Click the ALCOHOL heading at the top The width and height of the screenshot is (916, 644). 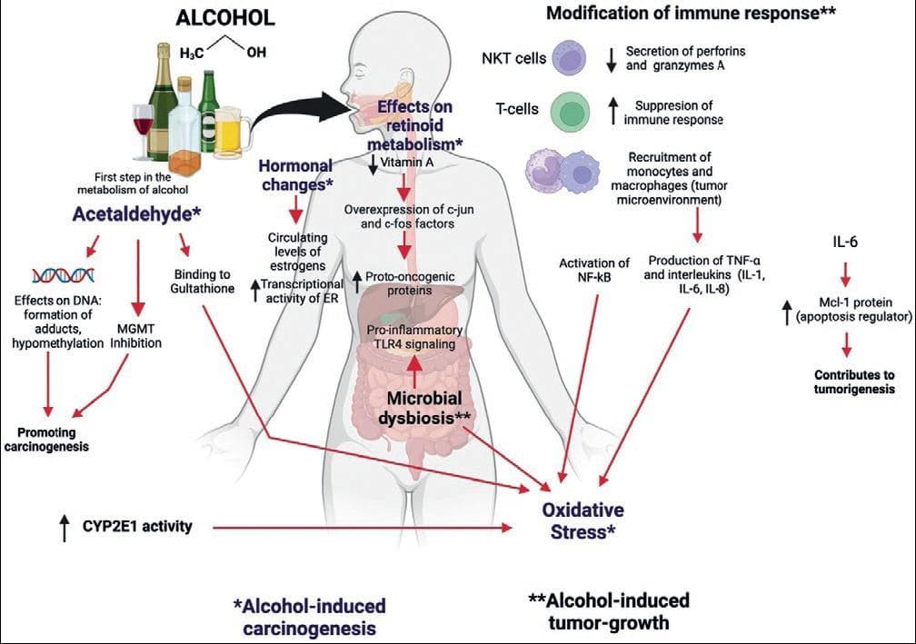(x=225, y=17)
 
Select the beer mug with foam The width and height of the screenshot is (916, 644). (x=232, y=134)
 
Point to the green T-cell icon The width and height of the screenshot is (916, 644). (x=570, y=110)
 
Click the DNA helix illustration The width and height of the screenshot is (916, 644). (x=64, y=274)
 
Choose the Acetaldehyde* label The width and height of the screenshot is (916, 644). (x=136, y=214)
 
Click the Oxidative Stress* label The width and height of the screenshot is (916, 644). (x=583, y=520)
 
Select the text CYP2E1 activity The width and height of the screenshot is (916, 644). (x=136, y=526)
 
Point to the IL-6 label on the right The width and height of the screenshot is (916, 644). (x=845, y=242)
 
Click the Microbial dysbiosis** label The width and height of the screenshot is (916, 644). (x=424, y=408)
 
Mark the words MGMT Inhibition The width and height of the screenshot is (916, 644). (x=136, y=336)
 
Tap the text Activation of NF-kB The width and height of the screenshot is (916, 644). (x=594, y=270)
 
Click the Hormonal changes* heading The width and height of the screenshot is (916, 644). (x=295, y=174)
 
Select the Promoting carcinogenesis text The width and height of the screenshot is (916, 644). (x=46, y=440)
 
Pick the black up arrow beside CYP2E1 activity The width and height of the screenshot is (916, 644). (x=65, y=527)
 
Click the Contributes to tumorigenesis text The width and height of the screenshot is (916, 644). (x=854, y=381)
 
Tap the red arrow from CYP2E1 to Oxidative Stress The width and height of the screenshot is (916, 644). (x=362, y=528)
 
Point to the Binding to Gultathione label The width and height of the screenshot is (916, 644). (x=202, y=281)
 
